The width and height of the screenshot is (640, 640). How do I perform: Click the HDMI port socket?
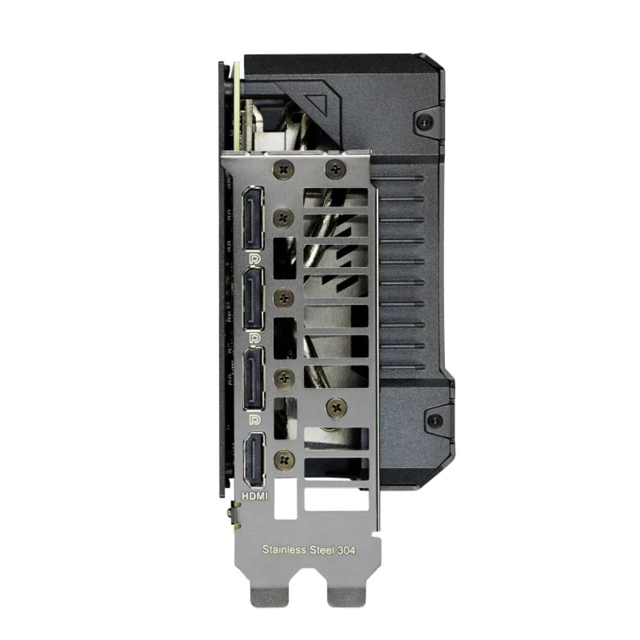coord(254,460)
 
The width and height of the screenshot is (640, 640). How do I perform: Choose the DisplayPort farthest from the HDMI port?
coord(253,221)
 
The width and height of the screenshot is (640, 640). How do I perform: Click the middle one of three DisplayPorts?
coord(253,300)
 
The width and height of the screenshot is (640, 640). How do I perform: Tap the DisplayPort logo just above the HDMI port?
coord(254,420)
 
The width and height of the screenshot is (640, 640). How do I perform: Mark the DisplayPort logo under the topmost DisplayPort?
coord(254,261)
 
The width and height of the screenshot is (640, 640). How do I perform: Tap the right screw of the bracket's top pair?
coord(335,169)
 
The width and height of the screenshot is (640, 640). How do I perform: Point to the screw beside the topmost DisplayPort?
coord(282,218)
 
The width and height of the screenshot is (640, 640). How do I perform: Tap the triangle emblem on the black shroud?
coord(318,103)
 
